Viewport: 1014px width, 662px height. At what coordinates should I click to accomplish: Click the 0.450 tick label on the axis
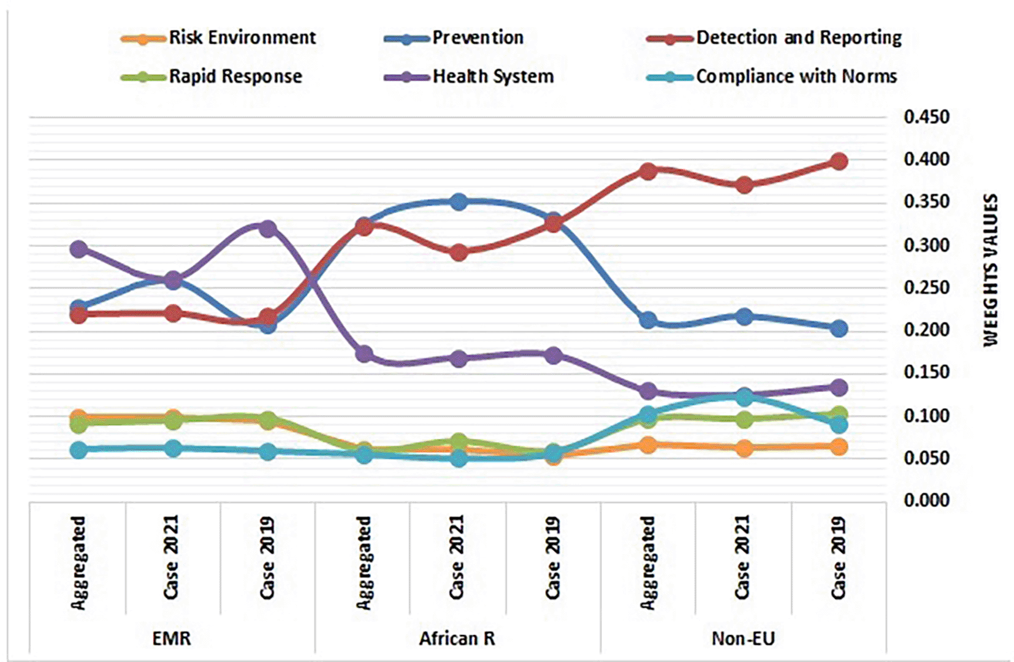point(926,116)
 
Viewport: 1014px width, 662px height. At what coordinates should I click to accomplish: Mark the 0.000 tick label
point(926,500)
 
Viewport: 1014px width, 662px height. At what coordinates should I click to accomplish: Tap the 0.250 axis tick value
point(926,287)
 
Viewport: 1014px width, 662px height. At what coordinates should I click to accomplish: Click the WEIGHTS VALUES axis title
point(991,270)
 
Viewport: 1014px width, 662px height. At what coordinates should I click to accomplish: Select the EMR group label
point(172,639)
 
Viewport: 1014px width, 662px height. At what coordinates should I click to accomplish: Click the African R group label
point(457,639)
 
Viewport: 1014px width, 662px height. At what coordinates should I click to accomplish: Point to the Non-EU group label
point(743,639)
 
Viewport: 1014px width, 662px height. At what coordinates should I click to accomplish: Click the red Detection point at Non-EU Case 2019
point(839,162)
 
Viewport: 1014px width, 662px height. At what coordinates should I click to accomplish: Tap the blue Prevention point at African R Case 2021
point(459,202)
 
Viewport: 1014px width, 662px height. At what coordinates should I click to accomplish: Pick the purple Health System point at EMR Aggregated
point(78,249)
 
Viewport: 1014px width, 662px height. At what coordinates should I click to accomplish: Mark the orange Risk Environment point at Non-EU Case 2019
point(839,447)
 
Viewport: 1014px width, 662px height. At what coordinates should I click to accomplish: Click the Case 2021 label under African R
point(457,557)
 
